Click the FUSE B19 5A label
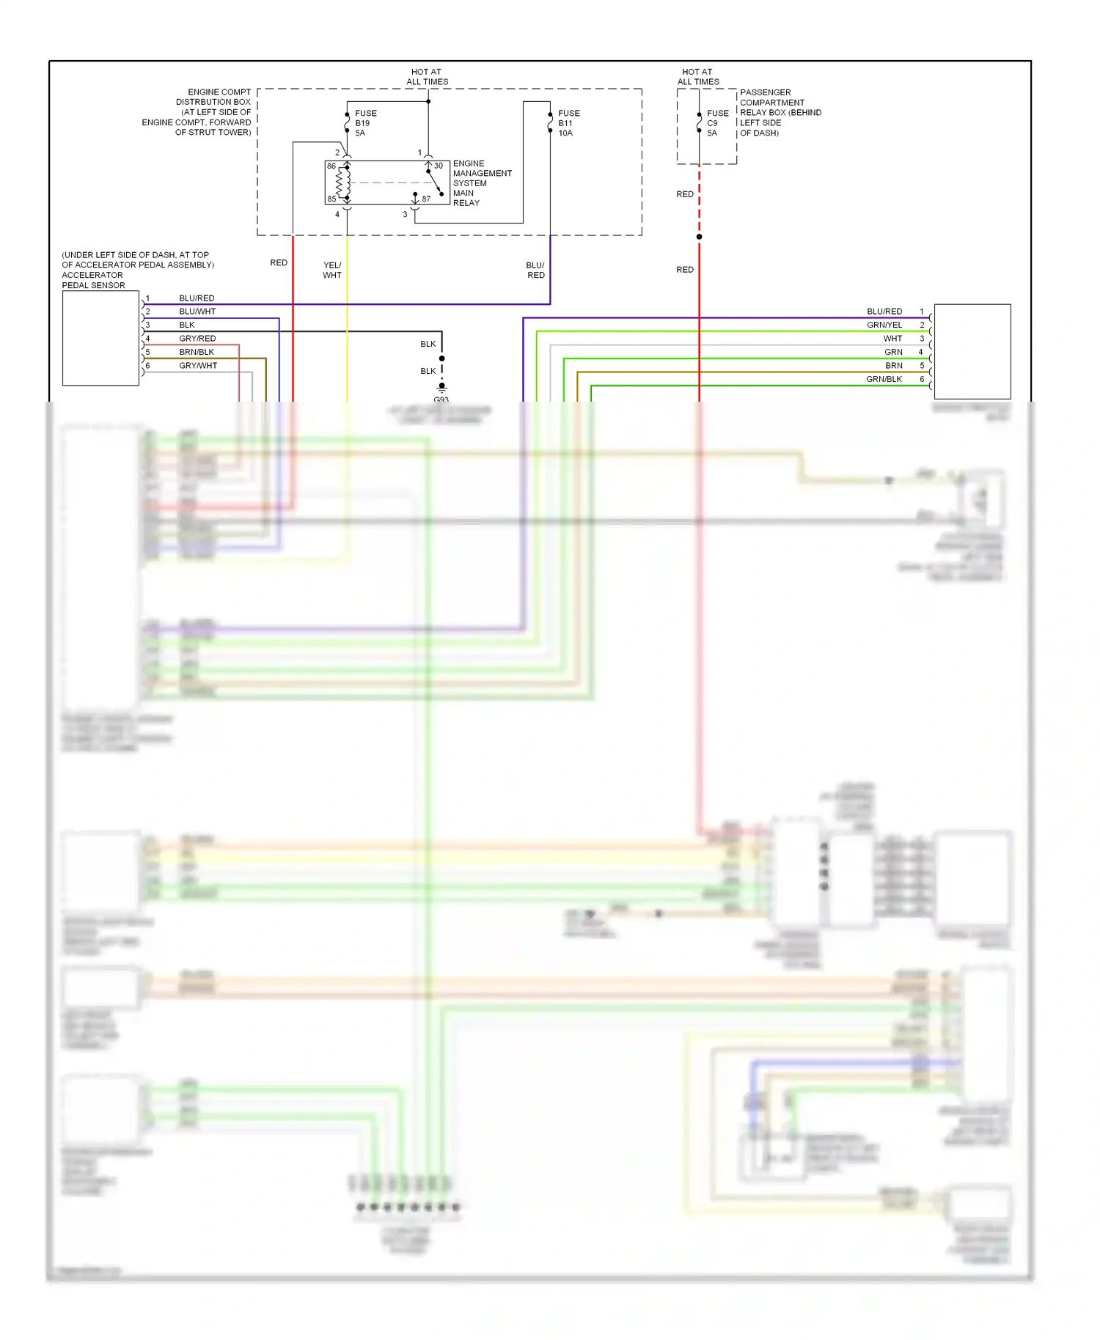365,123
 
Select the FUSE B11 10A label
568,123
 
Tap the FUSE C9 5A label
717,123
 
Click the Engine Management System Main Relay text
481,183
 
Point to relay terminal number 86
331,166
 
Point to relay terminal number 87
426,199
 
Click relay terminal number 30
439,166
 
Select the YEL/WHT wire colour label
332,270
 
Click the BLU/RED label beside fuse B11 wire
535,270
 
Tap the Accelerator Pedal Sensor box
100,338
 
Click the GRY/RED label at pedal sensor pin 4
197,339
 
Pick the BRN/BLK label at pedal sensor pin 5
197,352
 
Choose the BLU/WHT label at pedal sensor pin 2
197,312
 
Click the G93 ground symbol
441,387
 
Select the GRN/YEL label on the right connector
884,325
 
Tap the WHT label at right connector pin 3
892,339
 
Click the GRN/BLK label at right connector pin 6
884,379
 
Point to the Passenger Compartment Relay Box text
780,113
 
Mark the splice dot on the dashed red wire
699,237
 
